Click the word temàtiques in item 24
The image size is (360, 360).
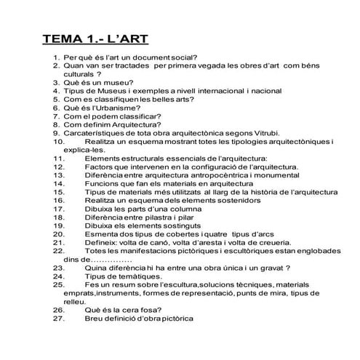pyautogui.click(x=137, y=276)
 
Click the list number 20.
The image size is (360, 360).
pyautogui.click(x=59, y=234)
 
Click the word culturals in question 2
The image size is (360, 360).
pyautogui.click(x=77, y=74)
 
